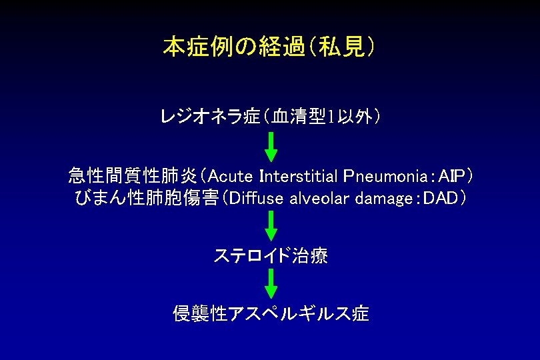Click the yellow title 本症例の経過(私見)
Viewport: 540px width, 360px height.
click(x=269, y=48)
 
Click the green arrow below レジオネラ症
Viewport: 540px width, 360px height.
click(x=271, y=147)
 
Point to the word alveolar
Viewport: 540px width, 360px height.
click(x=314, y=198)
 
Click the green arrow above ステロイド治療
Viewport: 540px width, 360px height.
click(x=271, y=225)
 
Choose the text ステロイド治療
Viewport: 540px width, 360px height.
click(x=270, y=256)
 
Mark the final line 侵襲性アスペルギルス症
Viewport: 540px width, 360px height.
click(x=270, y=313)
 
